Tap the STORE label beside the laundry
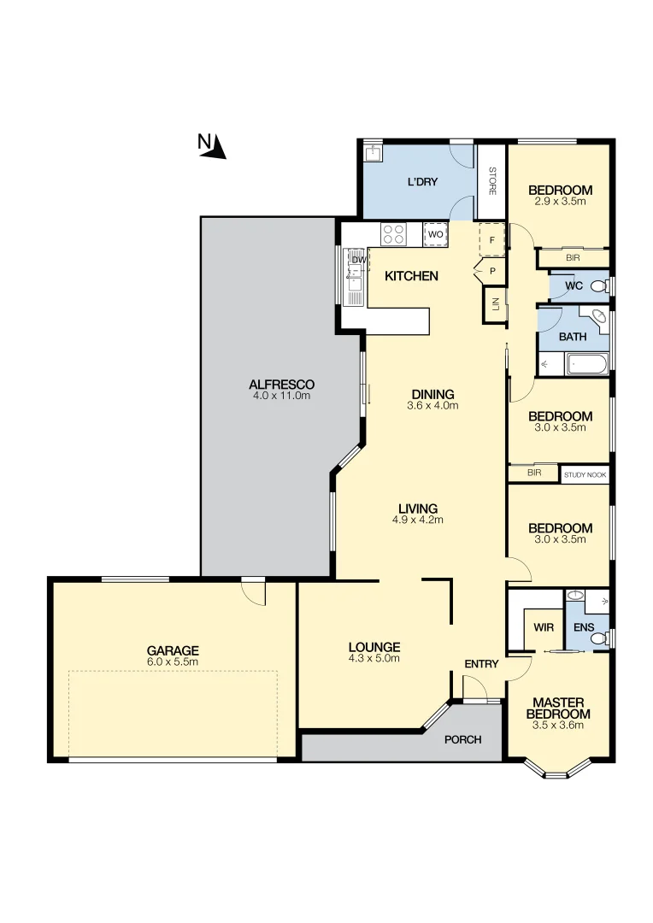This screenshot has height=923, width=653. [492, 180]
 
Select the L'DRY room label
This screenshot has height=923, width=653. [422, 182]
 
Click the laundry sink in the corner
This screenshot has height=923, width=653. [372, 154]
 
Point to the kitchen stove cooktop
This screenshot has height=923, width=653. [394, 233]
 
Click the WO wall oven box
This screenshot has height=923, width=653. [435, 234]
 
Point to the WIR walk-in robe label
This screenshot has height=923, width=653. [544, 628]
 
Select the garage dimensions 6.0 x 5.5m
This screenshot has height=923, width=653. [172, 662]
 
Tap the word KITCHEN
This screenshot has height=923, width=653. [411, 276]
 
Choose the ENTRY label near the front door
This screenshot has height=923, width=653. [481, 664]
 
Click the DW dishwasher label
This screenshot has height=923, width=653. [358, 259]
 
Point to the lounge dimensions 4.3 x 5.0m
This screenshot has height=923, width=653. [374, 658]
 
